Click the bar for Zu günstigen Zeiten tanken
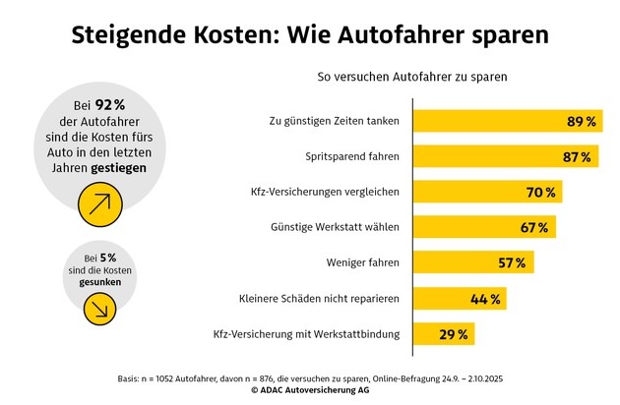click(492, 121)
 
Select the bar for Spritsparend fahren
click(487, 156)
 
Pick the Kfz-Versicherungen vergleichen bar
click(472, 192)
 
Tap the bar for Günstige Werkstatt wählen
click(467, 227)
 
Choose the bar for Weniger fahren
click(458, 262)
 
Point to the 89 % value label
click(582, 122)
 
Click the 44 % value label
click(486, 299)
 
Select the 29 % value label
click(453, 335)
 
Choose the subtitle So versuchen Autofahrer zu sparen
click(412, 76)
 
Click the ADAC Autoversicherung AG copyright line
click(309, 390)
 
